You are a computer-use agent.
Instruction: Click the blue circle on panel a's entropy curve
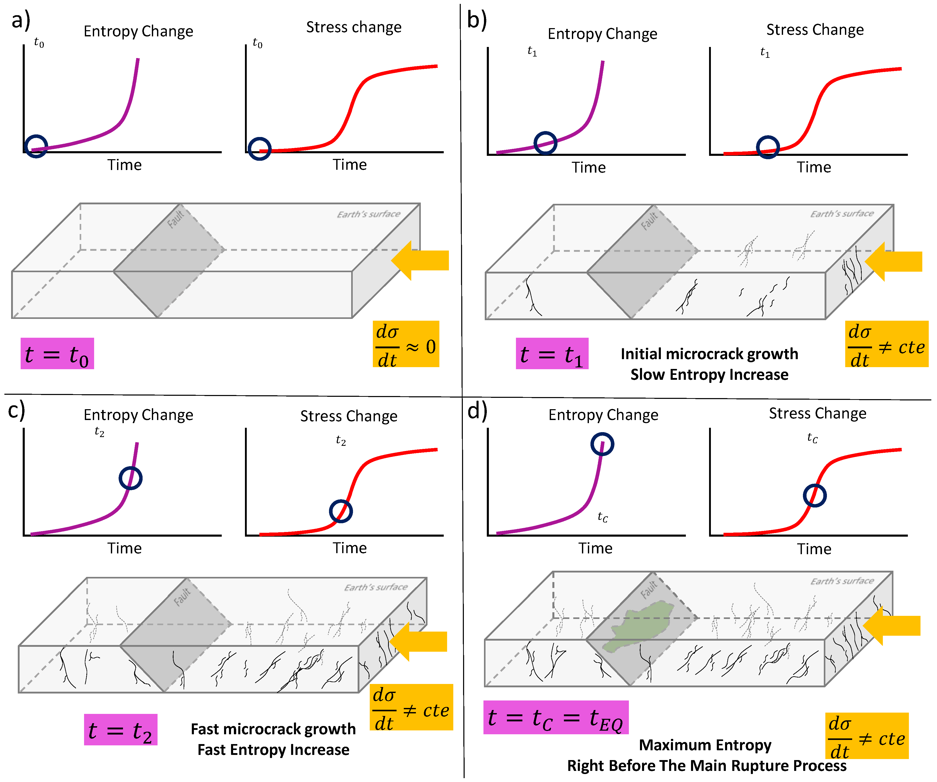(x=36, y=146)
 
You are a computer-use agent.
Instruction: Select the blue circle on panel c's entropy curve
(x=130, y=478)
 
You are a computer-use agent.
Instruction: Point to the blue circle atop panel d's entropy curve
(x=602, y=444)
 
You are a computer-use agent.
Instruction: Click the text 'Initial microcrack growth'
(x=709, y=354)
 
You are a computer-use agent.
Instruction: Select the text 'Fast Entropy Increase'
(x=273, y=749)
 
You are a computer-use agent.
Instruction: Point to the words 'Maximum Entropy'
(x=705, y=745)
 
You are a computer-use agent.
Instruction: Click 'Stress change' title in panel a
(x=354, y=27)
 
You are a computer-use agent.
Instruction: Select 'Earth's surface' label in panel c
(x=376, y=587)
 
